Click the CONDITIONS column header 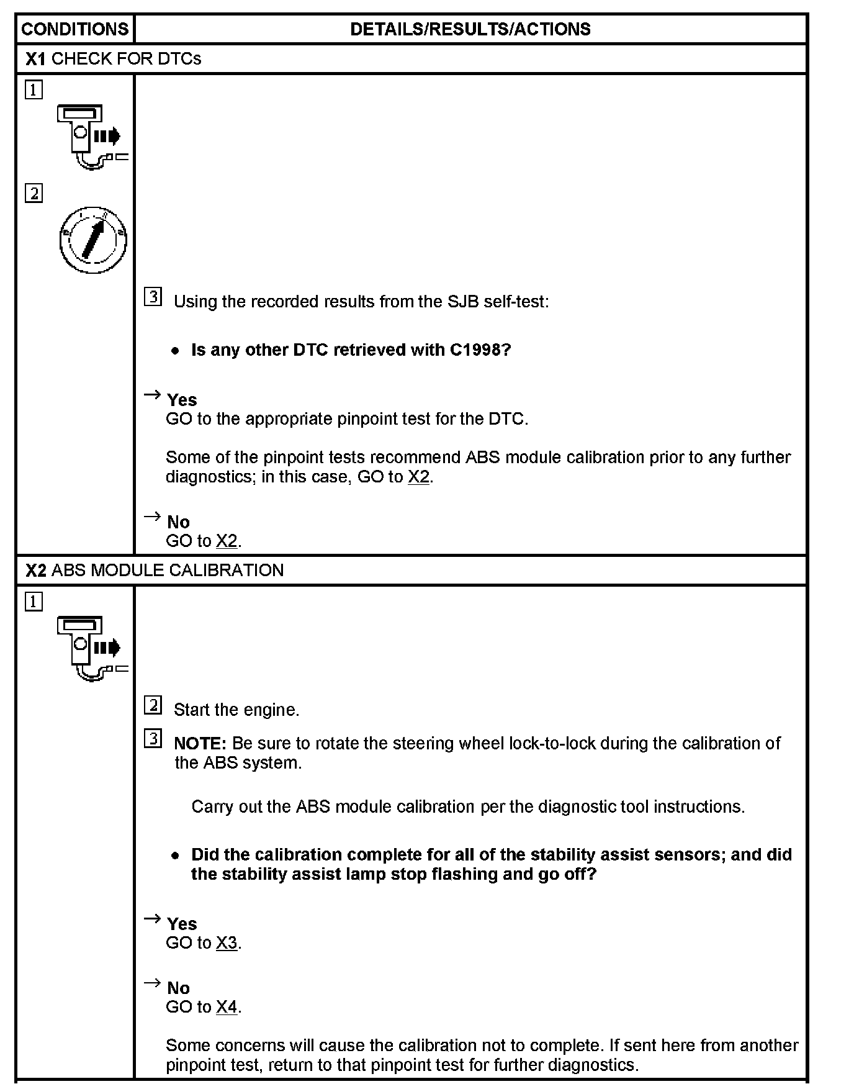click(x=75, y=29)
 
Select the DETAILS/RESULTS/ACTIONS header click(x=470, y=29)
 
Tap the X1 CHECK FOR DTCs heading click(x=114, y=59)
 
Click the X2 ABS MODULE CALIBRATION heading click(x=155, y=570)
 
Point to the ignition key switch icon click(x=93, y=240)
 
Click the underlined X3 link click(x=227, y=943)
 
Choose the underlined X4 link click(x=227, y=1007)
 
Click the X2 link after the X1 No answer click(x=227, y=541)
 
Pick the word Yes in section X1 click(x=182, y=400)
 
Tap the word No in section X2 click(x=178, y=988)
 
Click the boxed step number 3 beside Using click(x=153, y=297)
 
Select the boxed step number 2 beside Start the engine click(x=153, y=705)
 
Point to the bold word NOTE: click(x=200, y=743)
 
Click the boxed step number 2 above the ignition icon click(x=34, y=194)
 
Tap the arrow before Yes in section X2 click(x=152, y=919)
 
